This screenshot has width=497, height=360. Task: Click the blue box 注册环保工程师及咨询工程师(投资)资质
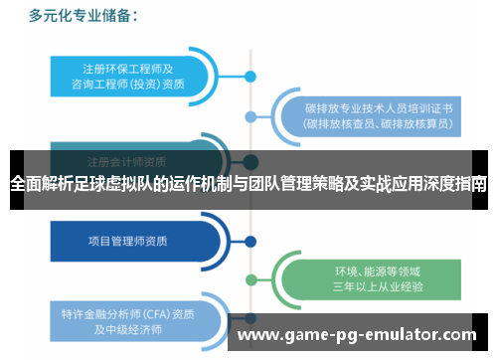[x=129, y=75]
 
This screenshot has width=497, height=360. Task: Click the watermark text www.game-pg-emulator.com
[x=357, y=335]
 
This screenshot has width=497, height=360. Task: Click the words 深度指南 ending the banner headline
[x=454, y=185]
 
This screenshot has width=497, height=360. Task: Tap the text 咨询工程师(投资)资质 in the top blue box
[x=129, y=84]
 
